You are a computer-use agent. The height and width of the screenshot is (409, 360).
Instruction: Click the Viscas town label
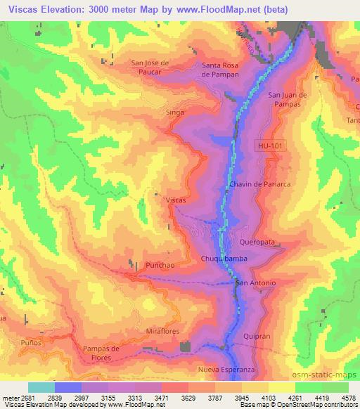[176, 200]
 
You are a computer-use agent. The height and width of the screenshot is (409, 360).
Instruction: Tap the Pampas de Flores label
[108, 353]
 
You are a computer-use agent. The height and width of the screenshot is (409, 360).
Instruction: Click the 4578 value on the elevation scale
[348, 398]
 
